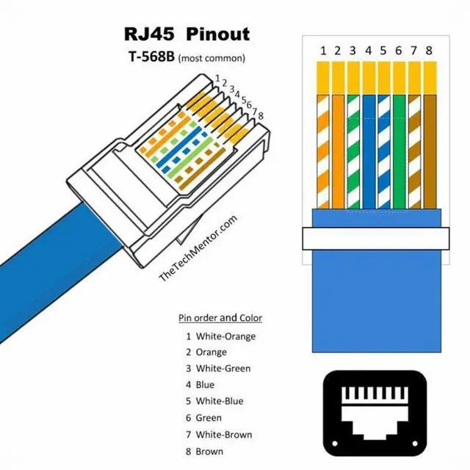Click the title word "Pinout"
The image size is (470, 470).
point(218,34)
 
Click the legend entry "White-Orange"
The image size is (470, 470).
point(225,336)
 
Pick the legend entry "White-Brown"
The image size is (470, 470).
point(224,435)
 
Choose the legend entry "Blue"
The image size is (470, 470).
point(205,385)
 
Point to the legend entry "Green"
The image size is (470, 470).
point(209,418)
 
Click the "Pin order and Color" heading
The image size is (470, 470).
point(220,318)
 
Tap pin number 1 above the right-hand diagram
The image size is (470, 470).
point(322,51)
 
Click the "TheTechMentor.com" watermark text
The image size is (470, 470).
point(198,248)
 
